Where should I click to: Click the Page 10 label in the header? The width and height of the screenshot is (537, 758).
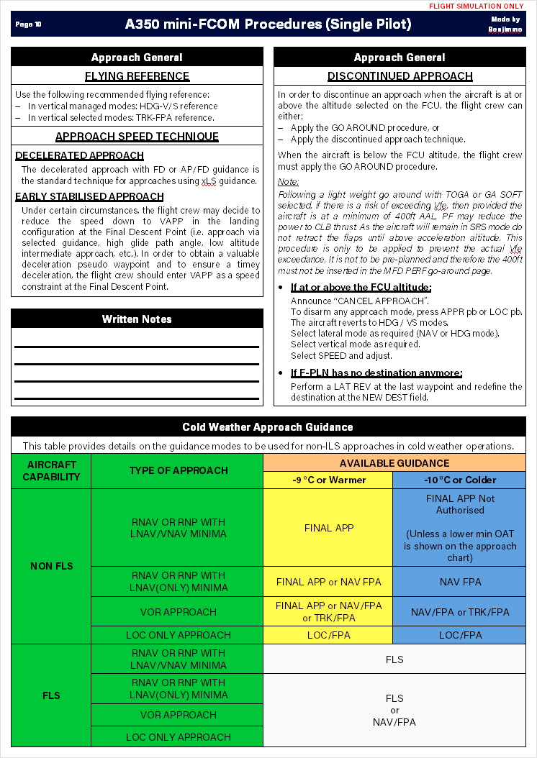[28, 24]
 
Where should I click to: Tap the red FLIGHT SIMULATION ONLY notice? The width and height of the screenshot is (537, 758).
[477, 6]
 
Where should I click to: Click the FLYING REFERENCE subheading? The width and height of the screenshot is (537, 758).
[137, 76]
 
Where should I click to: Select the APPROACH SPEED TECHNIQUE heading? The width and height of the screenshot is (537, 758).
[137, 137]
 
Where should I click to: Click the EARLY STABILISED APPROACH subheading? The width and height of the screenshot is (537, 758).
[89, 196]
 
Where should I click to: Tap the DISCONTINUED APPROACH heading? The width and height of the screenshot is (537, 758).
[400, 76]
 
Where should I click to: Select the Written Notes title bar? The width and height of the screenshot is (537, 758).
[137, 319]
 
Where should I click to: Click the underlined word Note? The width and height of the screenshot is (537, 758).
[288, 182]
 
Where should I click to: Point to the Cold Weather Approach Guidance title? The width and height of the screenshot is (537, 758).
[268, 427]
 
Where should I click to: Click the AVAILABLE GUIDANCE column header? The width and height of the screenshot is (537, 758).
[394, 463]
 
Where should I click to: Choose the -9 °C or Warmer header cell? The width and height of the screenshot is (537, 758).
[328, 480]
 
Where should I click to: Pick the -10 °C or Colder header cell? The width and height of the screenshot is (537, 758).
[459, 480]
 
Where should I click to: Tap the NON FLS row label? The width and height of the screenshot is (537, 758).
[52, 566]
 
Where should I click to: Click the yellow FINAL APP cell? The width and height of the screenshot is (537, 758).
[328, 528]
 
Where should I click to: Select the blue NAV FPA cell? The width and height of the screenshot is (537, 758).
[459, 582]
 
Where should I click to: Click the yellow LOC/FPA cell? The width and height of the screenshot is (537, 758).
[328, 635]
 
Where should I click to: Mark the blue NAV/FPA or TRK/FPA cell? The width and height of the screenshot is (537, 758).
[459, 612]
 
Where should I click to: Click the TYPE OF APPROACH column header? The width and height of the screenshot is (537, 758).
[178, 470]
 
